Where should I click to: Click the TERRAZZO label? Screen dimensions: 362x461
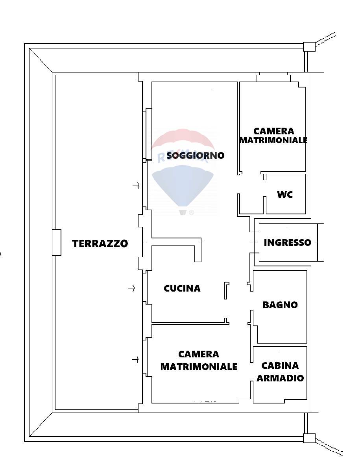(x=100, y=244)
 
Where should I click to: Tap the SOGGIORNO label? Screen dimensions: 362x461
(x=195, y=155)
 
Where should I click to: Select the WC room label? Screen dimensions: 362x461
(x=285, y=194)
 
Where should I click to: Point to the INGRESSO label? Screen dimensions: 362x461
(x=287, y=242)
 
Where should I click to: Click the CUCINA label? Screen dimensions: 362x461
(x=182, y=288)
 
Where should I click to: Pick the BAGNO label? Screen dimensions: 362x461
(x=280, y=305)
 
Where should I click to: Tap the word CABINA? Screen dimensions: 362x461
(x=280, y=365)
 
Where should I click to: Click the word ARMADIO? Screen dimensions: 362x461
(x=280, y=378)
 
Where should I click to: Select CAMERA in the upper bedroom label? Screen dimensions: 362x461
(x=273, y=131)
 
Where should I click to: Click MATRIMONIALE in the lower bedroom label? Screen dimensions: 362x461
(x=199, y=366)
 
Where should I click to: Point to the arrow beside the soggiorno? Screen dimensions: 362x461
(x=136, y=186)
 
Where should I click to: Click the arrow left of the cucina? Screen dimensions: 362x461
(x=131, y=288)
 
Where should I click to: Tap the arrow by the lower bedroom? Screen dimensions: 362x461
(x=135, y=359)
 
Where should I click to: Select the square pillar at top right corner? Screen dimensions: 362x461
(x=309, y=47)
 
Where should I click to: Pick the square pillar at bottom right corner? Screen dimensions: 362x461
(x=309, y=438)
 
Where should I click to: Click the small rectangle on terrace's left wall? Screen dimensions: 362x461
(x=57, y=242)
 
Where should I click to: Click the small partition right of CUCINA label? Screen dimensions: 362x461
(x=226, y=290)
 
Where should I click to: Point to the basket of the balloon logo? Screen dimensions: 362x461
(x=183, y=212)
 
